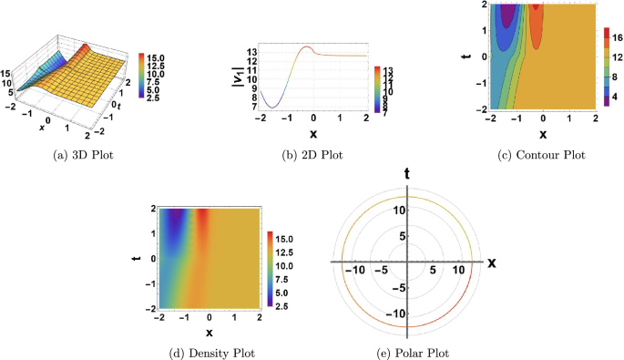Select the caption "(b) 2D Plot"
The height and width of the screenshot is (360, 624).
(310, 154)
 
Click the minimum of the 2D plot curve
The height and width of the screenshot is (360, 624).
(272, 108)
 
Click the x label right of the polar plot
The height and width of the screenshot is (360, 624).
(491, 262)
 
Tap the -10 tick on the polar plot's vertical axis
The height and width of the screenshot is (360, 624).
(394, 314)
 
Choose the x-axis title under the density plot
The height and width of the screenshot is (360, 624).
(209, 332)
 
